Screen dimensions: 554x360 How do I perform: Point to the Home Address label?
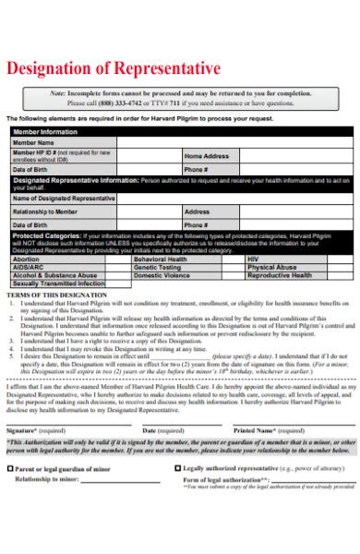coord(205,156)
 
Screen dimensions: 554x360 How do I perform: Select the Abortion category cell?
coord(27,259)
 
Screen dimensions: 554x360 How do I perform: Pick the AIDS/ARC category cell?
coord(29,267)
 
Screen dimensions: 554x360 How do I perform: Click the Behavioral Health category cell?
coord(162,259)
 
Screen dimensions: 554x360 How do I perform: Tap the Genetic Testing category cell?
coord(157,267)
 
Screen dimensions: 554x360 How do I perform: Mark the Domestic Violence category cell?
coord(161,275)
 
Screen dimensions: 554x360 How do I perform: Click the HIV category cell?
coord(252,259)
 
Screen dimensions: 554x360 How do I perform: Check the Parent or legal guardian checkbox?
coord(11,468)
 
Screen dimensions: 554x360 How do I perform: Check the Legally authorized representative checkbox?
coord(177,468)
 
